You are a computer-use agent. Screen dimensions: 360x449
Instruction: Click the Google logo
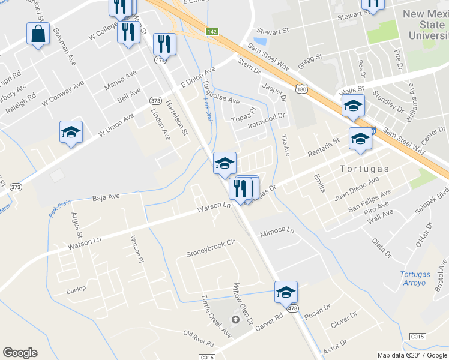click(x=20, y=353)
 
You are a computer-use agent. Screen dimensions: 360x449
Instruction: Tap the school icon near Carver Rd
click(x=286, y=292)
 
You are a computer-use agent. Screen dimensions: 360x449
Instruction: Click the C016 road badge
click(x=208, y=356)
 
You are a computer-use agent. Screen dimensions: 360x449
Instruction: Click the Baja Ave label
click(x=106, y=196)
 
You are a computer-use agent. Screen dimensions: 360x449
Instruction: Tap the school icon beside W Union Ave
click(x=71, y=132)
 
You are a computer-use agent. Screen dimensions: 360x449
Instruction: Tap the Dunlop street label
click(x=76, y=289)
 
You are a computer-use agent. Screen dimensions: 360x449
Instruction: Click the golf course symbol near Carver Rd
click(x=235, y=318)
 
